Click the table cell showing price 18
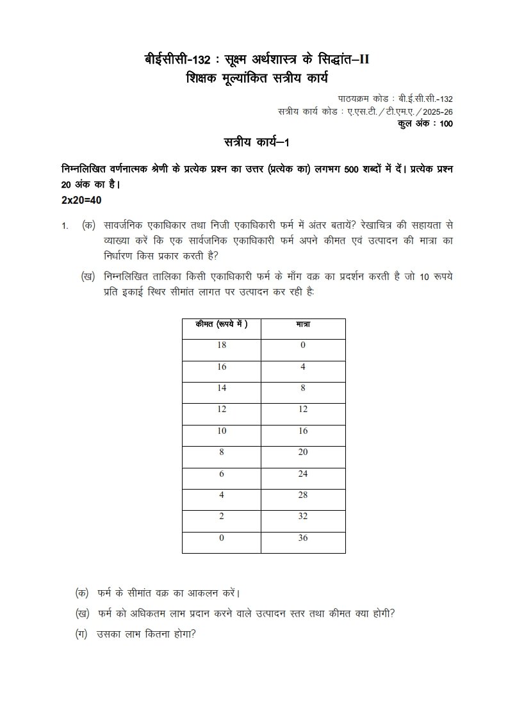[x=221, y=345]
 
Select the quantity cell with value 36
[x=303, y=538]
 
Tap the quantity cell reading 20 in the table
[x=303, y=452]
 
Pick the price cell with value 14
[x=221, y=388]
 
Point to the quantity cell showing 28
[x=303, y=495]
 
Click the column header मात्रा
[x=303, y=325]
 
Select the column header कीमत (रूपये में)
[x=221, y=325]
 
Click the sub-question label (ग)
[x=81, y=635]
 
